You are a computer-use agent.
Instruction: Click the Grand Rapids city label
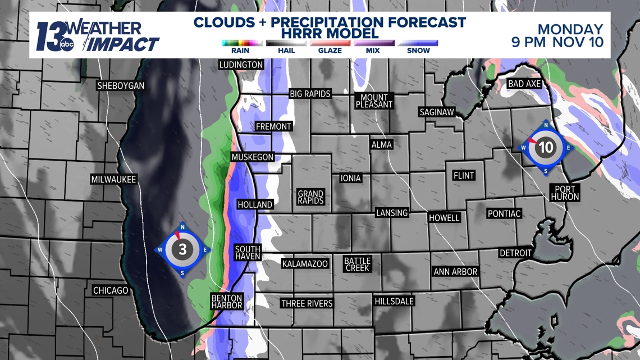pos(310,197)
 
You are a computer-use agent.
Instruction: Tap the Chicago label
pos(111,290)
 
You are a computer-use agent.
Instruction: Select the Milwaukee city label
pos(113,180)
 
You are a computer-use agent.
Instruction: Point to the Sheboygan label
pos(121,86)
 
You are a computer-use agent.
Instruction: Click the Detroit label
pos(515,253)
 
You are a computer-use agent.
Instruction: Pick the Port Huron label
pos(565,193)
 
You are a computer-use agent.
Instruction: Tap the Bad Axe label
pos(524,84)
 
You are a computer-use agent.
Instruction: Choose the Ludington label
pos(241,65)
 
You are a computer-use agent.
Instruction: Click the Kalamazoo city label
pos(305,263)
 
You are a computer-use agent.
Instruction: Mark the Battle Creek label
pos(357,265)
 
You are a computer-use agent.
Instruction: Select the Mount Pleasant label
pos(374,101)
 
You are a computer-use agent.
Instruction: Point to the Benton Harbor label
pos(227,302)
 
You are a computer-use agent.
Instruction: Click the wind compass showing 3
pos(182,249)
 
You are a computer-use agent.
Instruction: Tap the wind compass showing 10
pos(546,148)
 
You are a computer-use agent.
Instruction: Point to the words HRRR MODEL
pos(330,34)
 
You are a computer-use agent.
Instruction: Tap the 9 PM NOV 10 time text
pos(557,42)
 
